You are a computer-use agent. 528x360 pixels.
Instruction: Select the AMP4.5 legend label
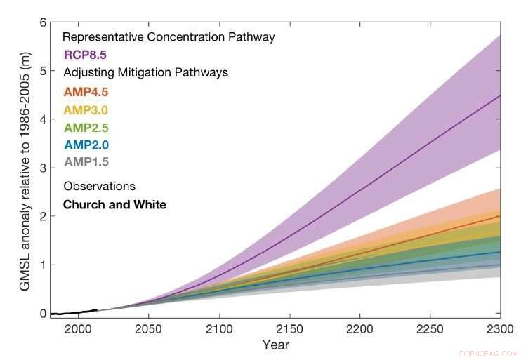tap(86, 92)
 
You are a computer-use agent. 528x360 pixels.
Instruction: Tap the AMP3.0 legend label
tap(86, 109)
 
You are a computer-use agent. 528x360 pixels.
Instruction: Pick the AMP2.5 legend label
tap(86, 128)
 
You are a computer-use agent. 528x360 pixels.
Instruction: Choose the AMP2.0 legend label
tap(86, 145)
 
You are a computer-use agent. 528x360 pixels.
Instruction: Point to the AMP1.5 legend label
tap(86, 162)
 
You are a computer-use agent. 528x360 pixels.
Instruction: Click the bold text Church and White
tap(114, 205)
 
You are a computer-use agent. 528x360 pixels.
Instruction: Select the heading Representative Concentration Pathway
tap(169, 36)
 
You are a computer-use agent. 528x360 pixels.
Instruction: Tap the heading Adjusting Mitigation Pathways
tap(145, 72)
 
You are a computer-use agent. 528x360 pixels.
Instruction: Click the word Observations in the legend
tap(99, 187)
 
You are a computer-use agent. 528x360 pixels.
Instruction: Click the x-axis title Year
tap(275, 345)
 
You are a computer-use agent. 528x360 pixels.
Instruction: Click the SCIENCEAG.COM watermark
tap(487, 354)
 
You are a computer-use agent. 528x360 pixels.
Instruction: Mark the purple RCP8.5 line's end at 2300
tap(500, 95)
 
